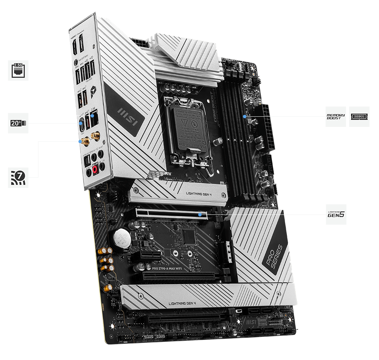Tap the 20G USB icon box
(x=18, y=123)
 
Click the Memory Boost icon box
(x=336, y=116)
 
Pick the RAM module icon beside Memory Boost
(x=359, y=116)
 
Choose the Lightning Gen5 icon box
(x=336, y=214)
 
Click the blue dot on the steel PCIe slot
(x=200, y=214)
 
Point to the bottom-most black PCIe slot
(x=186, y=318)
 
